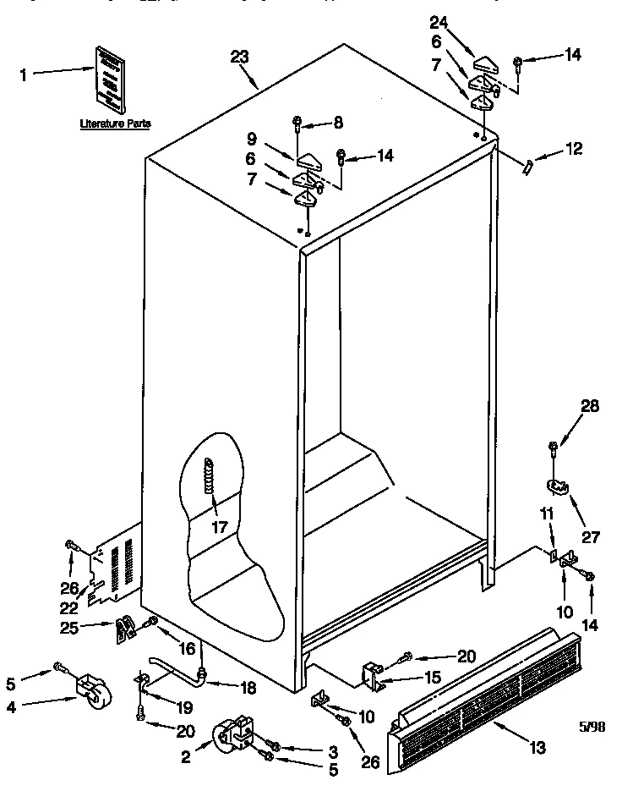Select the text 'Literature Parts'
coord(115,124)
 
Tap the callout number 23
coord(239,57)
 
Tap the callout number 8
coord(338,123)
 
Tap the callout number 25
coord(71,626)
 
